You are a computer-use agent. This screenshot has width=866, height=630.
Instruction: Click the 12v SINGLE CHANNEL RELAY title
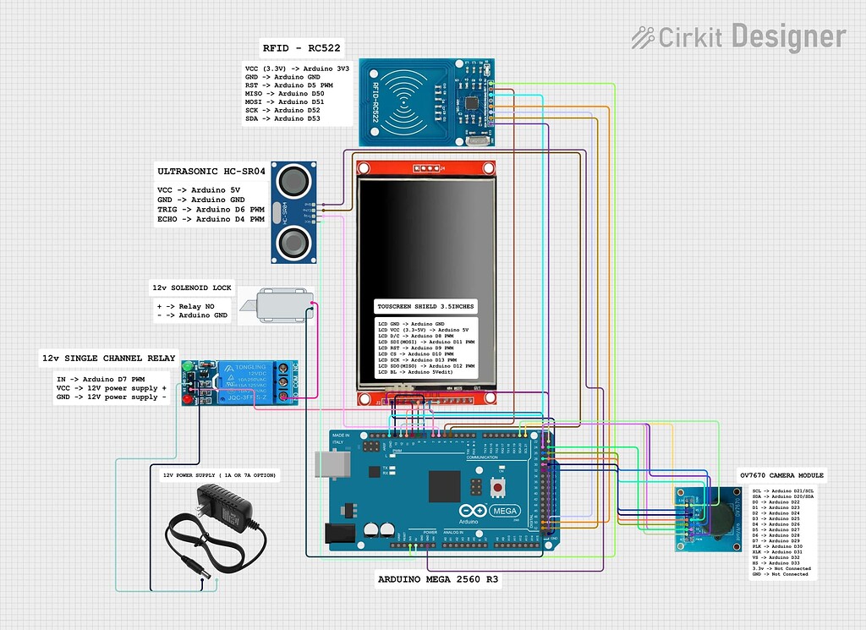109,359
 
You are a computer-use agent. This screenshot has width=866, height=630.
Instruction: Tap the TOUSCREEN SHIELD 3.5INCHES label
425,305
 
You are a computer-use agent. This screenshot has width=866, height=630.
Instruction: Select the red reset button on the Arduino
500,488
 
